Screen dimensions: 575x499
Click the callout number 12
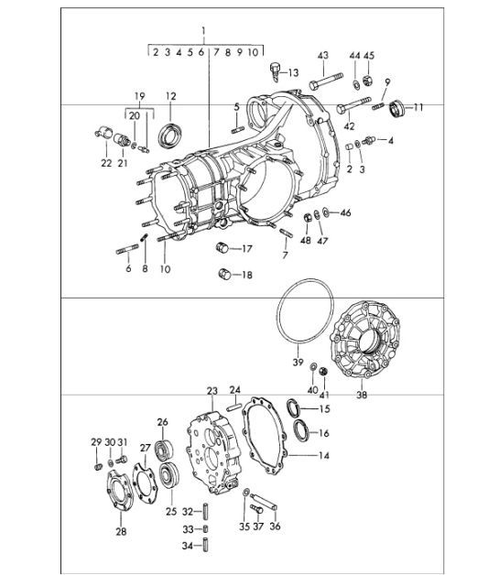170,95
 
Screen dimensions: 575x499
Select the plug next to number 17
222,247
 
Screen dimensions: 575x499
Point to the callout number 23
212,390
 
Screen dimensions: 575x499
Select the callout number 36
276,526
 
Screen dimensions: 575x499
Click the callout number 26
163,422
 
